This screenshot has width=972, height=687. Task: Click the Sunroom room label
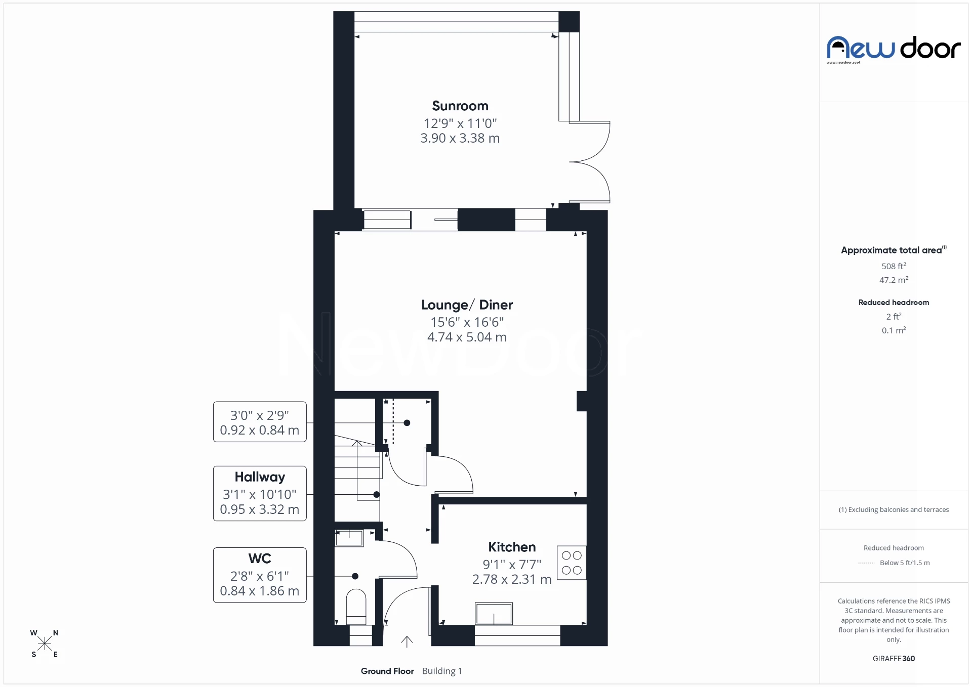point(460,106)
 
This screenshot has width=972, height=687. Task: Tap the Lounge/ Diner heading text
point(467,305)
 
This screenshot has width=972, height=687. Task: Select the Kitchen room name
point(511,547)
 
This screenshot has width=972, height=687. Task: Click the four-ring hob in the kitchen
point(572,563)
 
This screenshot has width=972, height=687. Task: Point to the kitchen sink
point(494,614)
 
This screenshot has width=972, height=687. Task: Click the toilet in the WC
point(356,607)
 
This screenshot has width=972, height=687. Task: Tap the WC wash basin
point(349,538)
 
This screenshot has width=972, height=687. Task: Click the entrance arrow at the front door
point(407,641)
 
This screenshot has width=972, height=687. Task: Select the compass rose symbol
point(45,643)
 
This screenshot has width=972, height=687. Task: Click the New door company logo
point(894,49)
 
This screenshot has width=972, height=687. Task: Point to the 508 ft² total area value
point(894,266)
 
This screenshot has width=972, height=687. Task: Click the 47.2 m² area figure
point(894,280)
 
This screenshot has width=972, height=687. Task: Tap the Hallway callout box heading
point(260,477)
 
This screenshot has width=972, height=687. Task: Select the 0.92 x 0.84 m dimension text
point(260,430)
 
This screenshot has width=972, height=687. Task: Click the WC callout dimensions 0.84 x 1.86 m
point(260,591)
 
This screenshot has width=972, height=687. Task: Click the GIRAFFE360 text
point(894,658)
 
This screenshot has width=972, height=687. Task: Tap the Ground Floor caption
point(387,671)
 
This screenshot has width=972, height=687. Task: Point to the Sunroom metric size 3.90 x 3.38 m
point(460,138)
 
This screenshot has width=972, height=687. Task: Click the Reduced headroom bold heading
point(894,303)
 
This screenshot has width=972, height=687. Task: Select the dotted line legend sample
point(866,563)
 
